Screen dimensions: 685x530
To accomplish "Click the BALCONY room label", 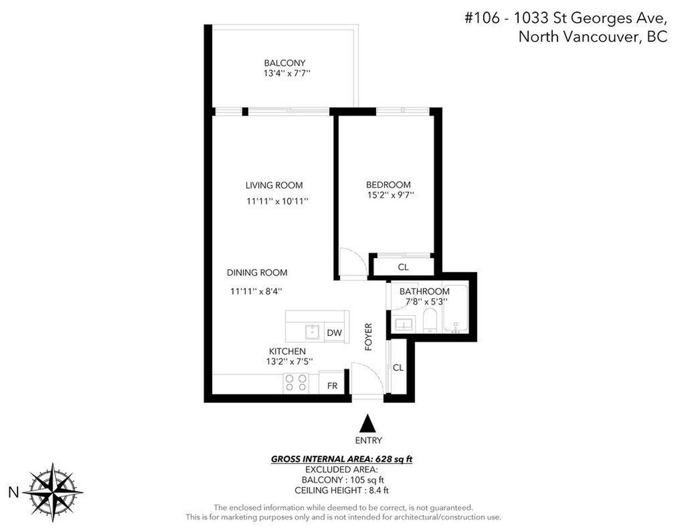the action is pos(285,63).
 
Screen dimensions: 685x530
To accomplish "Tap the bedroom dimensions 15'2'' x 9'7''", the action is pos(390,195).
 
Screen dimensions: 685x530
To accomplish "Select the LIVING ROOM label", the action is pos(274,185).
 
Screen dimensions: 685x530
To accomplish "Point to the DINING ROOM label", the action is pos(257,273).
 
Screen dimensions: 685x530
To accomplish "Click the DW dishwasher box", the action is pos(334,333).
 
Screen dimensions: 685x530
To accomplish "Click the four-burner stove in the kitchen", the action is pos(296,383).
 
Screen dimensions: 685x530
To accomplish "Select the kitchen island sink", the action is pos(312,332).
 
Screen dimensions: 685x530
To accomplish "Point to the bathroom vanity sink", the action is pos(404,324).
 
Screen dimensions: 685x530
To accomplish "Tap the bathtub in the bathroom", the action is pos(455,309).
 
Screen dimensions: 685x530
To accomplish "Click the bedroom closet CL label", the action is pos(403,267).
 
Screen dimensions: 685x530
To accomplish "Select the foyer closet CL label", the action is pos(398,368).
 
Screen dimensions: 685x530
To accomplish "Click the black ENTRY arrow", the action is pos(368,423).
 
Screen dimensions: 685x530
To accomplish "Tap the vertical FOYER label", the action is pos(368,337).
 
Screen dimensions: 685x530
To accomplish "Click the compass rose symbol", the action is pos(52,492).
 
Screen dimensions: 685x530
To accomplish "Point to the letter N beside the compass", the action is pos(13,492).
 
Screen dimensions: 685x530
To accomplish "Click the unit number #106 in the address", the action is pos(482,18).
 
